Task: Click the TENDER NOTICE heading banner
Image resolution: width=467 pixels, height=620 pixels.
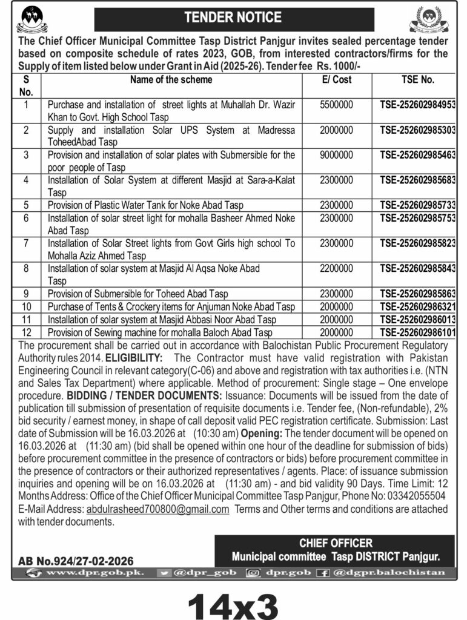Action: [x=233, y=18]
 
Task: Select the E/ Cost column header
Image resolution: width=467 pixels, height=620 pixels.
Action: [x=337, y=79]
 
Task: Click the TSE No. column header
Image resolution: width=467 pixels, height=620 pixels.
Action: [x=418, y=79]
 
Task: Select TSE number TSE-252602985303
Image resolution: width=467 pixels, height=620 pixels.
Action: [x=418, y=130]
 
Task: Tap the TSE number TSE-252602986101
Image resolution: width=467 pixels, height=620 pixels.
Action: [x=418, y=332]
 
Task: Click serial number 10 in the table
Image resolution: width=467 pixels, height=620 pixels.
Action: [x=26, y=307]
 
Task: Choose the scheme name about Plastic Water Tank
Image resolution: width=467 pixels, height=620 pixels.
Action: [x=146, y=205]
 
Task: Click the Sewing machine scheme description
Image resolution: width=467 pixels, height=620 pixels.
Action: [x=161, y=332]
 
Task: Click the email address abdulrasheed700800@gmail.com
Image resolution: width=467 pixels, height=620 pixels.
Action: [x=157, y=509]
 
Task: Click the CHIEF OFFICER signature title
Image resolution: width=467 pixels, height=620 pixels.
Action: [x=336, y=543]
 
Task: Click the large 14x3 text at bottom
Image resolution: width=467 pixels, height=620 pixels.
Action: [x=233, y=602]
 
